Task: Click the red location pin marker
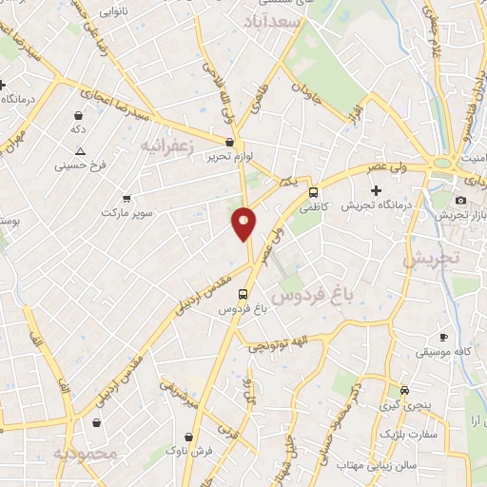pyautogui.click(x=243, y=223)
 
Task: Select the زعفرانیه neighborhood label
pyautogui.click(x=171, y=146)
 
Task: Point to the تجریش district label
pyautogui.click(x=430, y=258)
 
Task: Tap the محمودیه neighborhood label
pyautogui.click(x=86, y=454)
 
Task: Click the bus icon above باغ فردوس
pyautogui.click(x=243, y=294)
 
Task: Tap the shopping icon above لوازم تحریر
pyautogui.click(x=230, y=142)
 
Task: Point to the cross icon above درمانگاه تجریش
pyautogui.click(x=376, y=191)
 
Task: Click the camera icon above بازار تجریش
pyautogui.click(x=460, y=200)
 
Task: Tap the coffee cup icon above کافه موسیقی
pyautogui.click(x=443, y=338)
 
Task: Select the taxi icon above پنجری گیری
pyautogui.click(x=405, y=391)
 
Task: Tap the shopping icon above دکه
pyautogui.click(x=77, y=115)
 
